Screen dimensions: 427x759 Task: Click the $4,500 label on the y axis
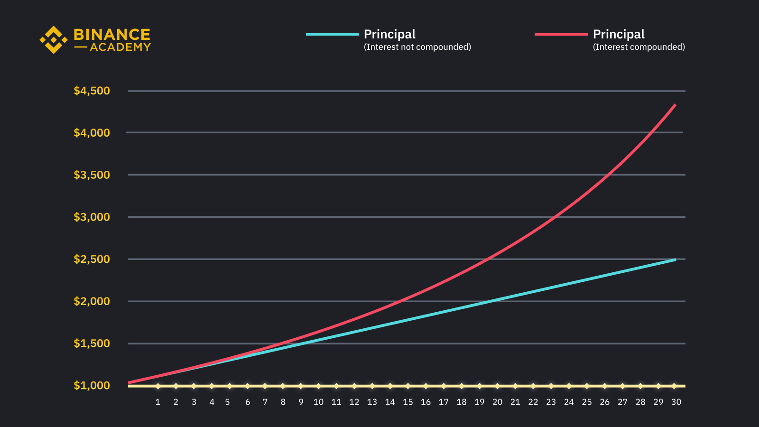coord(92,91)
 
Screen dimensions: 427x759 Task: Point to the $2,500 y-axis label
coord(92,259)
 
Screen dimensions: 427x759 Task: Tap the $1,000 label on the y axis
coord(92,385)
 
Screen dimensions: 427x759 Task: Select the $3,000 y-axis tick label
coord(92,217)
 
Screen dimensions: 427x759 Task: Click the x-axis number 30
coord(676,402)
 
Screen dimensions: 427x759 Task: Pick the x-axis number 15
coord(408,402)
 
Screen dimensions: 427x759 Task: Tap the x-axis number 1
coord(158,402)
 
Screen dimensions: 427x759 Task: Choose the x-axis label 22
coord(533,402)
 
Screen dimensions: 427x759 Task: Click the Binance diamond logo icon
coord(53,40)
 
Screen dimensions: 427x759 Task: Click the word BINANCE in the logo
coord(112,35)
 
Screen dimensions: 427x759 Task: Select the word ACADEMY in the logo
coord(120,47)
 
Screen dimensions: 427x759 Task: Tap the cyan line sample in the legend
coord(332,34)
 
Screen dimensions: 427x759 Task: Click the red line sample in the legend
coord(561,34)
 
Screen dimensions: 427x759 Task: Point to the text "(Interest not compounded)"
coord(417,47)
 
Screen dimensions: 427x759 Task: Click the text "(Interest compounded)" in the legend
coord(639,47)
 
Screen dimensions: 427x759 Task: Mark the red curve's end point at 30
coord(675,105)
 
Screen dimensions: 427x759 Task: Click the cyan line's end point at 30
coord(675,260)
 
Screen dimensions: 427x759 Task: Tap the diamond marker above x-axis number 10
coord(318,386)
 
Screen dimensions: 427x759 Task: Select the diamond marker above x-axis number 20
coord(497,386)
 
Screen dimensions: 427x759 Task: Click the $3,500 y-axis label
coord(92,175)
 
